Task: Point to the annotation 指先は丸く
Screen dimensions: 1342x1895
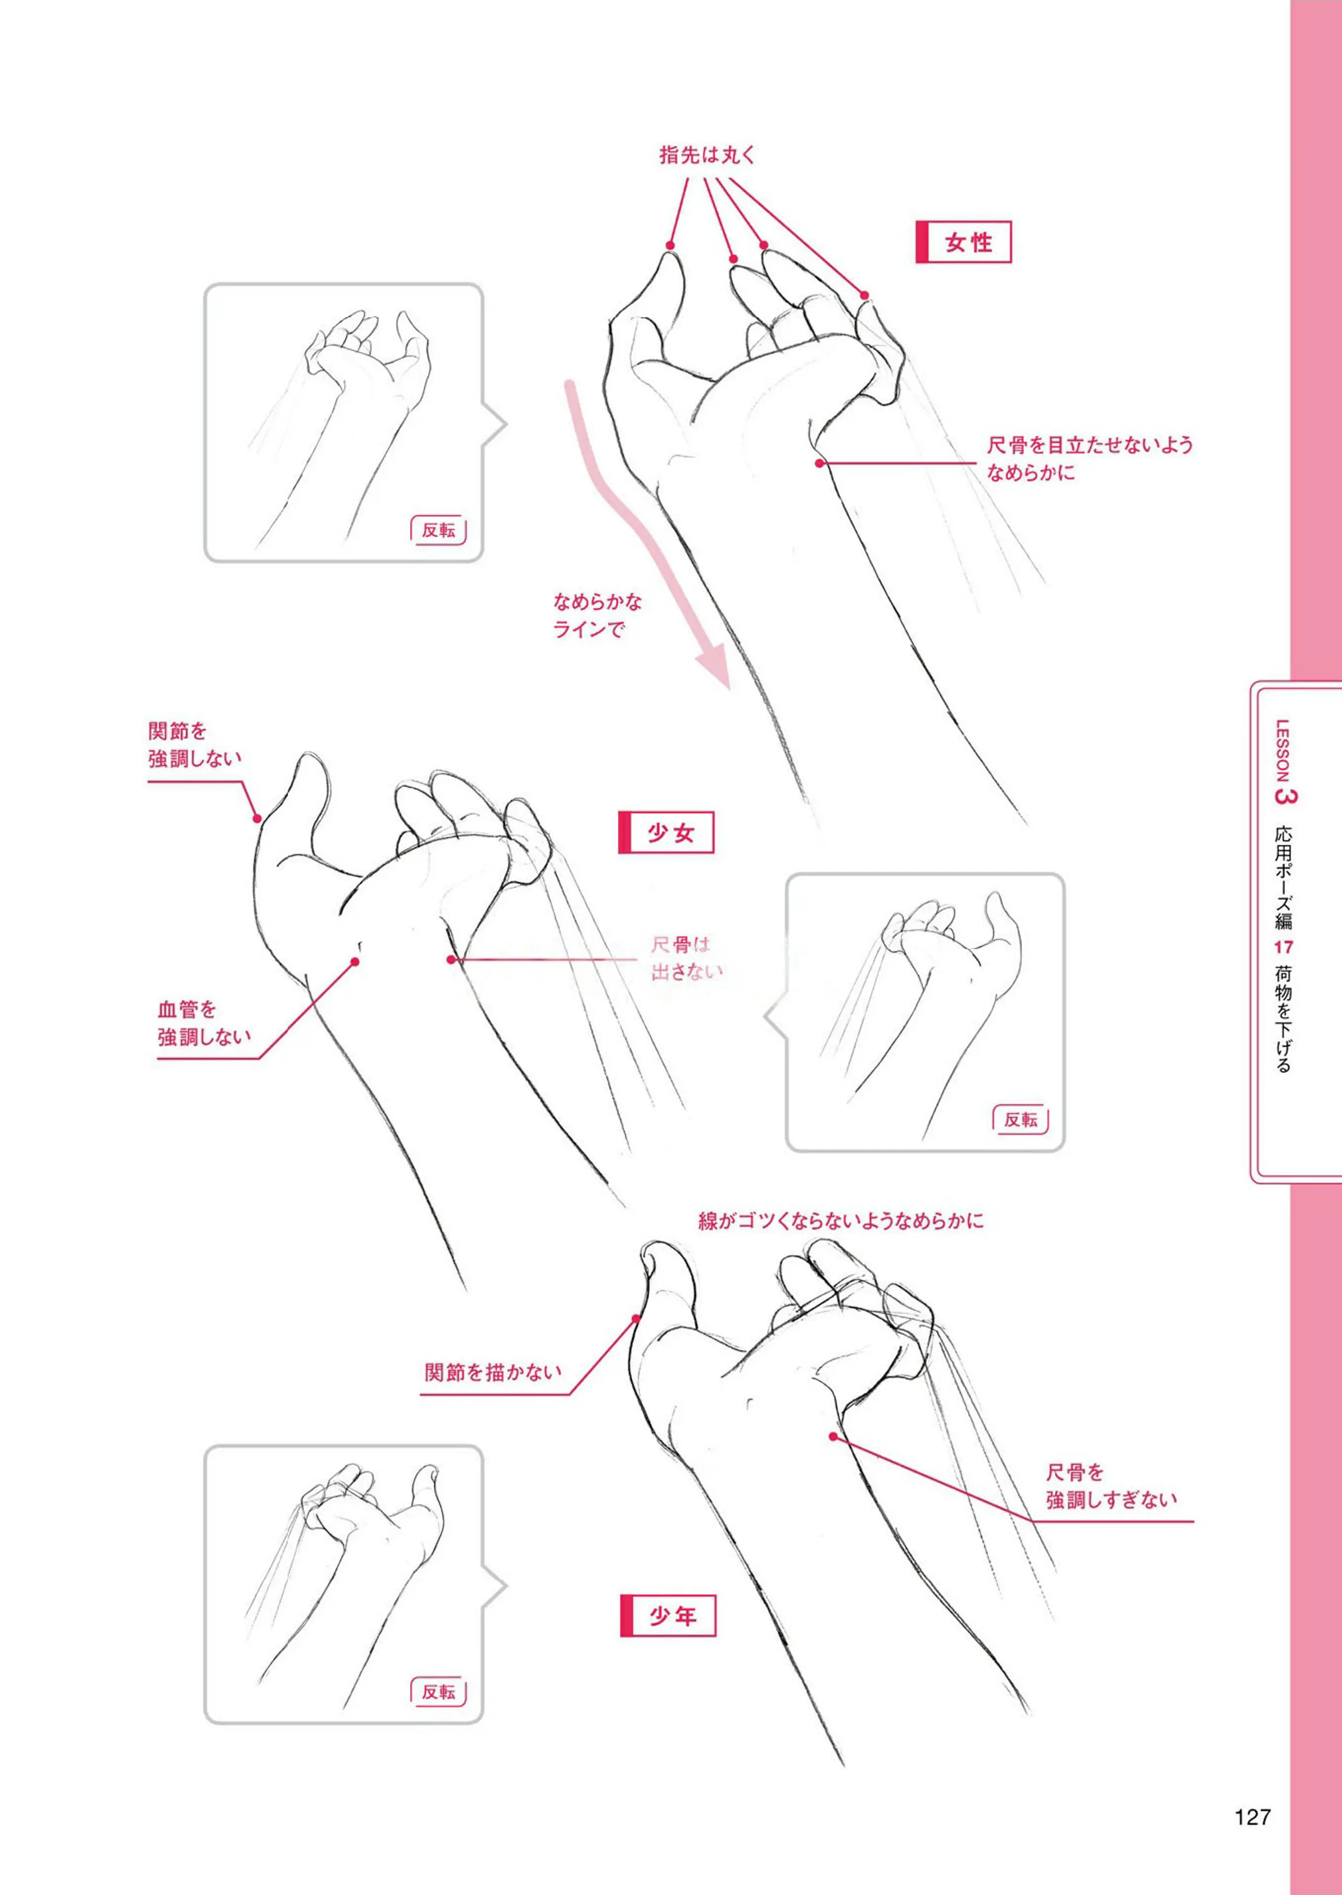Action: [708, 154]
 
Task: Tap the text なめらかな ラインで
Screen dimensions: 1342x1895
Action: [597, 615]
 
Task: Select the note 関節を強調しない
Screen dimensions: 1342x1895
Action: [195, 744]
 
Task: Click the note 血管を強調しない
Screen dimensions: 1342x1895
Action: [204, 1023]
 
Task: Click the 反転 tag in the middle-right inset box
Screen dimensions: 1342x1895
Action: [1020, 1120]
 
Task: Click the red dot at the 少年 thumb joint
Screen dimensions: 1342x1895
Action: [636, 1319]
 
